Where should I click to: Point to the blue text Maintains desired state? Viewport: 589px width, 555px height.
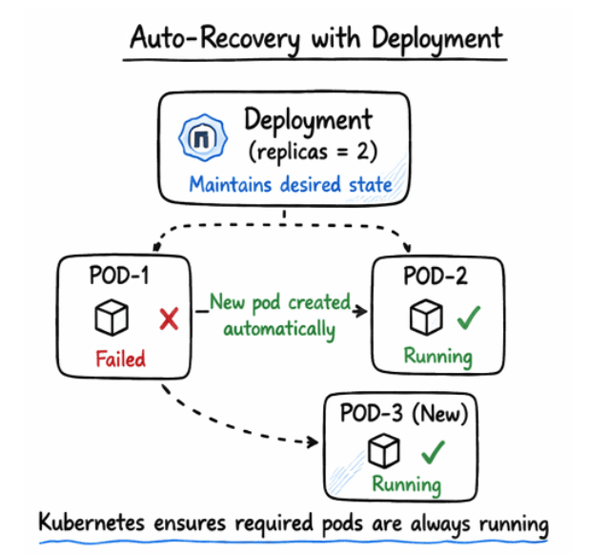pyautogui.click(x=290, y=183)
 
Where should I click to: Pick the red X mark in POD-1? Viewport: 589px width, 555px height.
pyautogui.click(x=169, y=319)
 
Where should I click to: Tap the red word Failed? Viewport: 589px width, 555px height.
pyautogui.click(x=119, y=359)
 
